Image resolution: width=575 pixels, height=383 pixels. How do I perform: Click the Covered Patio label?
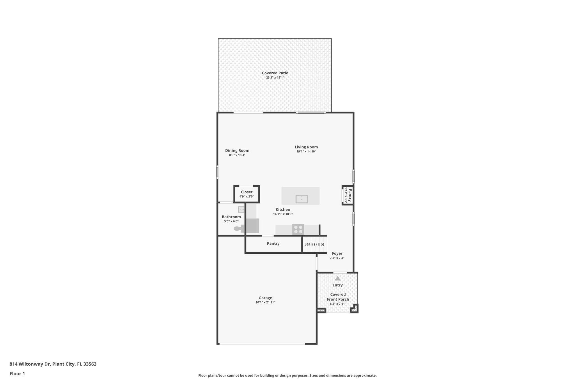point(275,73)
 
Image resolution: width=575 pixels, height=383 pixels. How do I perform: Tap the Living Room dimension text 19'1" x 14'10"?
point(306,152)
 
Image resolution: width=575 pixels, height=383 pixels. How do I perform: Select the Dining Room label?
point(237,150)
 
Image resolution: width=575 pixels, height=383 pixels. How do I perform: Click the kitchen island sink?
point(302,199)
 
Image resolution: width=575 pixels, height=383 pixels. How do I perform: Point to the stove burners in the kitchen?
point(298,229)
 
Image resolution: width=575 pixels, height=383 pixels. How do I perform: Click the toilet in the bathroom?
point(238,229)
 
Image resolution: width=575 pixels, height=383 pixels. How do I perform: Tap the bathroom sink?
point(241,209)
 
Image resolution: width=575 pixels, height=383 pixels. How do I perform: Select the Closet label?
point(247,192)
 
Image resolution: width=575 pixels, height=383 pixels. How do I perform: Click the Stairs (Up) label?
point(314,244)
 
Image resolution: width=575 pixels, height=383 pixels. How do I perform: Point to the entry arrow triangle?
point(337,278)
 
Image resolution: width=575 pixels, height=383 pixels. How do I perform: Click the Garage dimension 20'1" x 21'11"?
point(265,302)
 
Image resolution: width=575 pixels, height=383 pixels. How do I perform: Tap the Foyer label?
point(337,253)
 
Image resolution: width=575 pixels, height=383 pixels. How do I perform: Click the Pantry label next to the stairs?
point(273,243)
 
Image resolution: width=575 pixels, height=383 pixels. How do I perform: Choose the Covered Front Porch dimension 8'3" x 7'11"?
point(338,304)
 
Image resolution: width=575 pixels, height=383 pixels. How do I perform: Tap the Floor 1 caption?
point(17,374)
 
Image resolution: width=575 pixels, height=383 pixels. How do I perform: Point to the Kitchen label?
point(283,209)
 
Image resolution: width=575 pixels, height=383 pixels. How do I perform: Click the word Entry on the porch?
point(337,285)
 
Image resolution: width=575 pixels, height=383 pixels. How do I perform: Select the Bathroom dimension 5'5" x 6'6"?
point(231,221)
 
